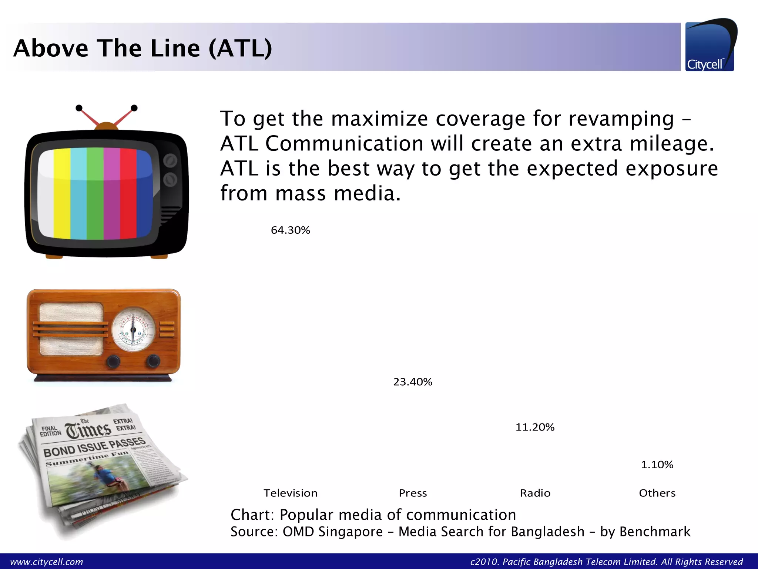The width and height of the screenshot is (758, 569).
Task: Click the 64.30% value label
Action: pyautogui.click(x=290, y=230)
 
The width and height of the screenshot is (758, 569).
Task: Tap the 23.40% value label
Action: pyautogui.click(x=412, y=382)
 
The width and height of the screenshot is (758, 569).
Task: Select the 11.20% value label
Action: pyautogui.click(x=535, y=427)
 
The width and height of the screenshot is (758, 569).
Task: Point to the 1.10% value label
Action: pyautogui.click(x=657, y=465)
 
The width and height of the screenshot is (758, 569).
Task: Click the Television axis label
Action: pyautogui.click(x=290, y=493)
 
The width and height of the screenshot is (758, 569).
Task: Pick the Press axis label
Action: pyautogui.click(x=413, y=493)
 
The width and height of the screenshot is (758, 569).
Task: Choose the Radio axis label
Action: pyautogui.click(x=535, y=493)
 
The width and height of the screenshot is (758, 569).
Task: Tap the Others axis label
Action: pyautogui.click(x=657, y=493)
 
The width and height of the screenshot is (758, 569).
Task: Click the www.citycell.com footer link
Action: pyautogui.click(x=47, y=562)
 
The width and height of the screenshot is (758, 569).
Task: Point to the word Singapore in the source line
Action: pyautogui.click(x=351, y=532)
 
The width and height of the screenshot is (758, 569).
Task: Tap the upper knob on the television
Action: pyautogui.click(x=170, y=160)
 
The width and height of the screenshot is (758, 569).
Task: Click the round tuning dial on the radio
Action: pyautogui.click(x=133, y=329)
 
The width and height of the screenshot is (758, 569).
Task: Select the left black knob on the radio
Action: pyautogui.click(x=113, y=361)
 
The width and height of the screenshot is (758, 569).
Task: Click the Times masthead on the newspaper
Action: pyautogui.click(x=88, y=430)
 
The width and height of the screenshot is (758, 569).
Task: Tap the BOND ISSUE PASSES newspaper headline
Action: pyautogui.click(x=94, y=446)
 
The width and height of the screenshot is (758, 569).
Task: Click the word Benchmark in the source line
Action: pyautogui.click(x=655, y=532)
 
